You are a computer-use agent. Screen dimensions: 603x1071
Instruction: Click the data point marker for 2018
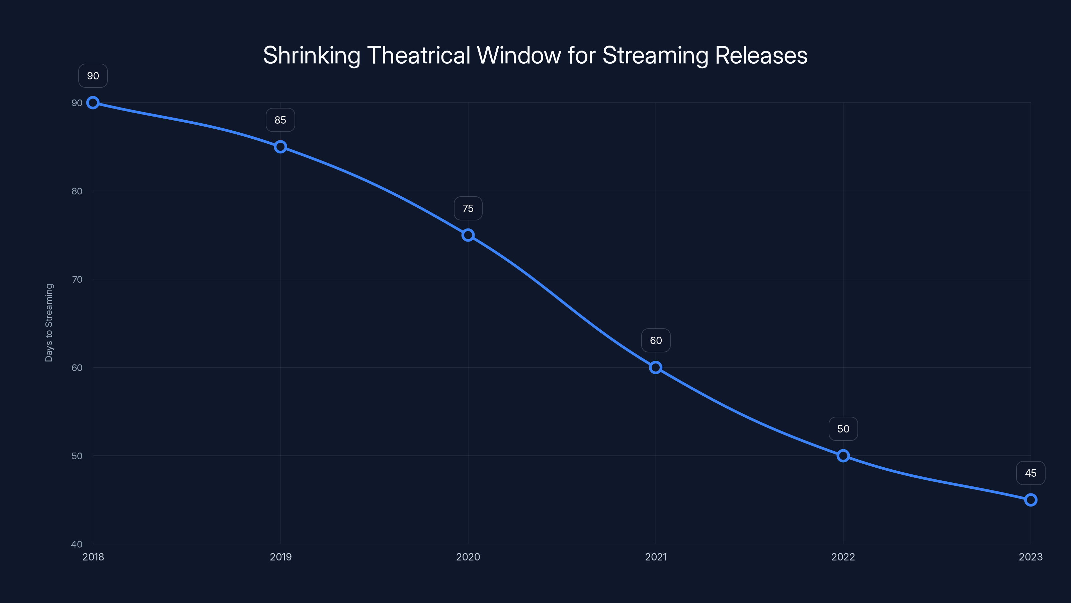pyautogui.click(x=93, y=103)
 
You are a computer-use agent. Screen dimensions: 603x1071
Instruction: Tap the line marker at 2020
pyautogui.click(x=468, y=235)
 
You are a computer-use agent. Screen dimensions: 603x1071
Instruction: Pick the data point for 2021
pyautogui.click(x=656, y=367)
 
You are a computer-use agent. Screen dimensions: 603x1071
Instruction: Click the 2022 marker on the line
pyautogui.click(x=843, y=456)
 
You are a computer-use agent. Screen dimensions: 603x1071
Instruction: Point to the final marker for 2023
pyautogui.click(x=1031, y=500)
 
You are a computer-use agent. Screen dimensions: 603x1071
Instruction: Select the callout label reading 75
pyautogui.click(x=468, y=208)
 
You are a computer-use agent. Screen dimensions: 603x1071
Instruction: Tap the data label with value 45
pyautogui.click(x=1031, y=473)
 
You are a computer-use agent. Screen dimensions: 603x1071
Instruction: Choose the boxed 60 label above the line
pyautogui.click(x=656, y=340)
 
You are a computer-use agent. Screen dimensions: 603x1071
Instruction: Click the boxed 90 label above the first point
pyautogui.click(x=93, y=76)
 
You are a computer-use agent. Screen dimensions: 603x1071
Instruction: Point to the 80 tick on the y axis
pyautogui.click(x=77, y=191)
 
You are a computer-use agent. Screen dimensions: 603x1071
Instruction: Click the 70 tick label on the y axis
pyautogui.click(x=77, y=279)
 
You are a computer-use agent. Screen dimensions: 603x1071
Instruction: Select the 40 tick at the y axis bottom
pyautogui.click(x=77, y=544)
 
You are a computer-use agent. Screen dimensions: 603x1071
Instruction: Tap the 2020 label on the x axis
pyautogui.click(x=468, y=557)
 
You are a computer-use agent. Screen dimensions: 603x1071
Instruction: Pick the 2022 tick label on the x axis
pyautogui.click(x=843, y=557)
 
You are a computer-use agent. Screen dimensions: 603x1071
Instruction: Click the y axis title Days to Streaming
pyautogui.click(x=49, y=323)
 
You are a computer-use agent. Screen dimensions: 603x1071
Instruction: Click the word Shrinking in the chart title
pyautogui.click(x=311, y=56)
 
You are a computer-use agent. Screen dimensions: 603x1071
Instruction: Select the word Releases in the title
pyautogui.click(x=761, y=56)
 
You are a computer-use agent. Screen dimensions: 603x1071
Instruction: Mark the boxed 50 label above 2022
pyautogui.click(x=843, y=429)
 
